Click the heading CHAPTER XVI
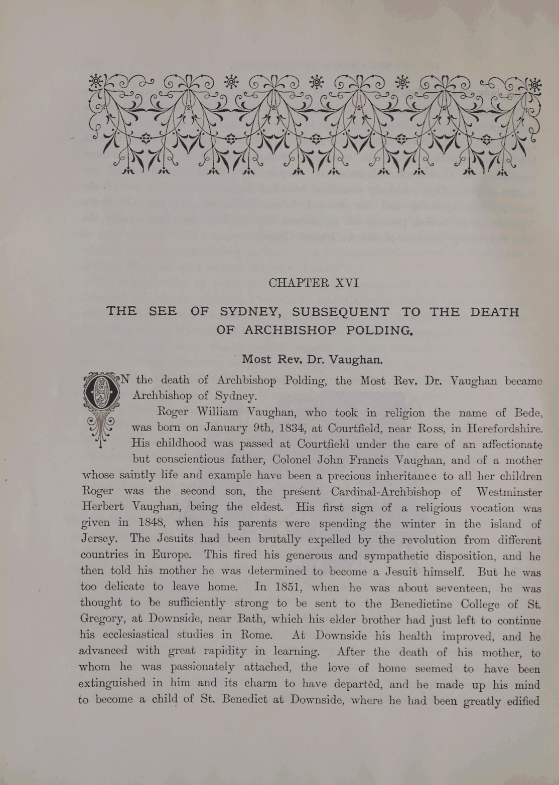click(x=314, y=283)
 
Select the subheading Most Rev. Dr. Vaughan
click(x=313, y=359)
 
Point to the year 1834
click(x=289, y=429)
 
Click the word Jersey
click(x=99, y=539)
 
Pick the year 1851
click(x=285, y=587)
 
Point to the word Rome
click(x=256, y=635)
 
